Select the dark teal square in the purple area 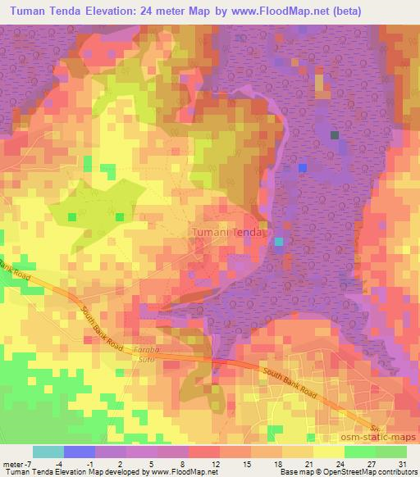334,134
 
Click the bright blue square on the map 303,167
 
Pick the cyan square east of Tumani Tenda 279,241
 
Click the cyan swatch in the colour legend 48,452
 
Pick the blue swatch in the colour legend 80,452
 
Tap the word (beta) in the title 385,11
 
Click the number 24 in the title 156,11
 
